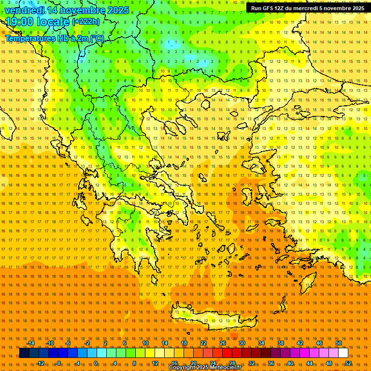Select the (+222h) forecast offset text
86,21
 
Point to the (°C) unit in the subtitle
96,38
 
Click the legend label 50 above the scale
339,343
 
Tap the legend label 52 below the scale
348,363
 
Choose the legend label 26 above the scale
223,343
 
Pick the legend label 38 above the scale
281,343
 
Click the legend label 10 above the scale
145,343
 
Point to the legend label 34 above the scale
261,343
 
